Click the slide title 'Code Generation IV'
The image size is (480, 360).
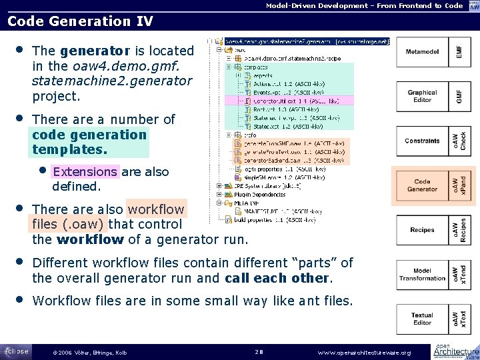[80, 21]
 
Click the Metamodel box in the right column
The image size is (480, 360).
[422, 51]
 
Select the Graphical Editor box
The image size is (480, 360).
[422, 96]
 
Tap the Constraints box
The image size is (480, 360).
[422, 141]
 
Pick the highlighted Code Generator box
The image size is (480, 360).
[422, 185]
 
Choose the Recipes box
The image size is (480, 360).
[422, 230]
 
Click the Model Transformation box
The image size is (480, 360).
[422, 275]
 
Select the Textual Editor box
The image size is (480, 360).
[422, 319]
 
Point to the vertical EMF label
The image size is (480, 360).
[459, 51]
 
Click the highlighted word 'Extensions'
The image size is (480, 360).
[85, 172]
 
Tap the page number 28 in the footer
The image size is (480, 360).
[261, 351]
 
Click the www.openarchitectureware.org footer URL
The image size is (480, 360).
[364, 352]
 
